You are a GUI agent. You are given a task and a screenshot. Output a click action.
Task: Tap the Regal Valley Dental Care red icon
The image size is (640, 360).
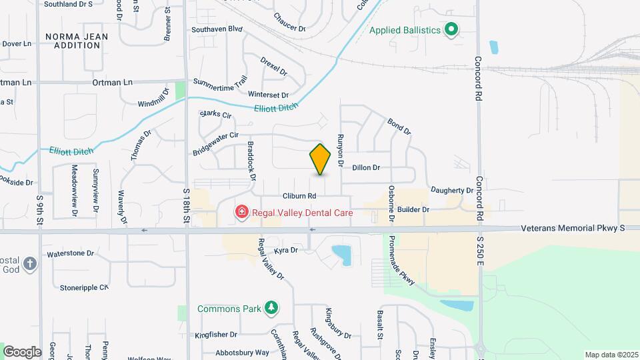coord(241,213)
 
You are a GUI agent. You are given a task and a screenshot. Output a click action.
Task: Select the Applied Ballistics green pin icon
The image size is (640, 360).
coord(451,30)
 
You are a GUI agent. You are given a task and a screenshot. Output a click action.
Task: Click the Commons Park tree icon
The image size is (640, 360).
coord(271,308)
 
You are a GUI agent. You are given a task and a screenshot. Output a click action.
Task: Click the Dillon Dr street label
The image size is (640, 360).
coord(366,168)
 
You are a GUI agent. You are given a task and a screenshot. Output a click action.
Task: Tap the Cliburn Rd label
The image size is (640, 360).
coord(298,196)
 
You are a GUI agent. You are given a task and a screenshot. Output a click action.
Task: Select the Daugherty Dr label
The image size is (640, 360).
coord(451,191)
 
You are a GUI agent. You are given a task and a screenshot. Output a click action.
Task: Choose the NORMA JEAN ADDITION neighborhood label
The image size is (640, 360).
coord(73,40)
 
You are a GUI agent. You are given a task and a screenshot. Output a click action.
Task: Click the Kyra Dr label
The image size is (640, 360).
coord(285,250)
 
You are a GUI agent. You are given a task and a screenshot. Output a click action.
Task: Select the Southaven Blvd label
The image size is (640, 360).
coord(216,29)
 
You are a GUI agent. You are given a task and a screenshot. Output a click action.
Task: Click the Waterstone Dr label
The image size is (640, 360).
coord(70,254)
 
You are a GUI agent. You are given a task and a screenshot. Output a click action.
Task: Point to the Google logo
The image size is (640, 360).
coord(22,351)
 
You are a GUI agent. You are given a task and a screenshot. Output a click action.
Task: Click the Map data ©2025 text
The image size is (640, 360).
coord(610,355)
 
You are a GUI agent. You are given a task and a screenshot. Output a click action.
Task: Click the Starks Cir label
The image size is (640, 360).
coord(215,115)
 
